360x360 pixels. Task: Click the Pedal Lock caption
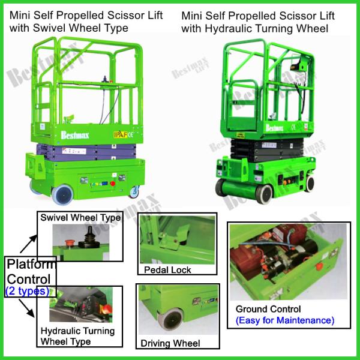coord(167,270)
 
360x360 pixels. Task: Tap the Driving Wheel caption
coord(170,343)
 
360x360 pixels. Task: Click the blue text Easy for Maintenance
coord(284,320)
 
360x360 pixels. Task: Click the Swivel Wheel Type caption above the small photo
coord(80,218)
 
